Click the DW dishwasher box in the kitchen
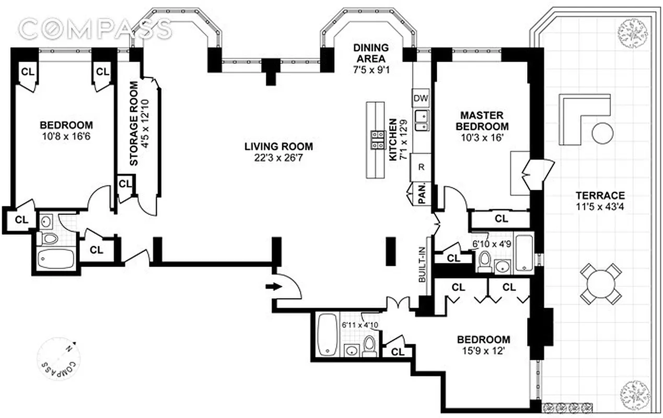point(421,98)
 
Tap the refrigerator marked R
point(421,167)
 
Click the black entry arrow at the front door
point(273,286)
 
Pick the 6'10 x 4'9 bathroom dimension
point(491,243)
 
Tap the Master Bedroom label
point(481,121)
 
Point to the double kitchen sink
point(421,120)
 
